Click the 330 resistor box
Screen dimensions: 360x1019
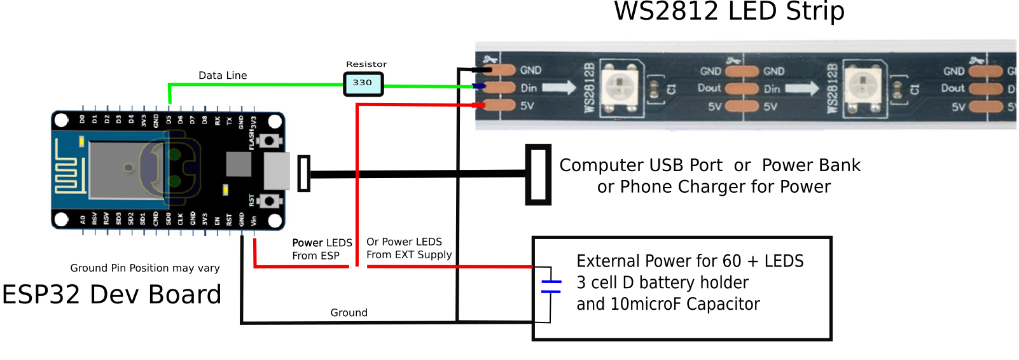coord(363,83)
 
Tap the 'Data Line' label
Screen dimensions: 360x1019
coord(223,75)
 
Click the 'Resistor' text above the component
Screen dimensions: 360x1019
coord(366,64)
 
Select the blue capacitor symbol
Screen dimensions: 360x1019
coord(551,286)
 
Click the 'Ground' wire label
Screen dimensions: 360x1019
coord(349,312)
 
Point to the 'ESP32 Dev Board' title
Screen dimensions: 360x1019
coord(112,294)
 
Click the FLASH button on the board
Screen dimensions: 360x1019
coord(270,141)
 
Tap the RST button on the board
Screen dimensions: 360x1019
coord(270,201)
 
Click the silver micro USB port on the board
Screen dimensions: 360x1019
coord(277,170)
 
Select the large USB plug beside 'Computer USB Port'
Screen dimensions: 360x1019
coord(538,175)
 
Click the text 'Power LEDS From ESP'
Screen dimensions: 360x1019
coord(322,249)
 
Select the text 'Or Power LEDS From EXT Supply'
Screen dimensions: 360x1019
coord(409,248)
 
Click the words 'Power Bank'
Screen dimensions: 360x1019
coord(811,165)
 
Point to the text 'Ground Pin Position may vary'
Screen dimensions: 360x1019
coord(145,268)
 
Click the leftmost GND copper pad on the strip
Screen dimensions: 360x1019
coord(500,69)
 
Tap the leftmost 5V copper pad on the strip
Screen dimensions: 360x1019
coord(500,105)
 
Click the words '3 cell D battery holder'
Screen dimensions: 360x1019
coord(662,282)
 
